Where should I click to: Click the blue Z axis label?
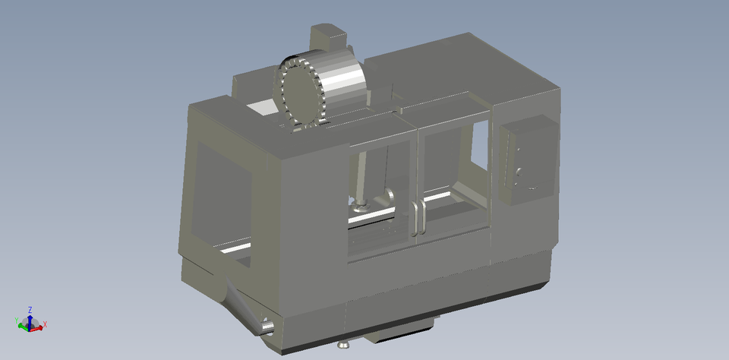30,310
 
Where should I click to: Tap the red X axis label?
45,325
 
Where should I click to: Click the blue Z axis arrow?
30,319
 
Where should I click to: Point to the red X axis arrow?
37,325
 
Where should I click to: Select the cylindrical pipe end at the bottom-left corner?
266,327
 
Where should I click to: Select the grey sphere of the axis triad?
29,326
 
